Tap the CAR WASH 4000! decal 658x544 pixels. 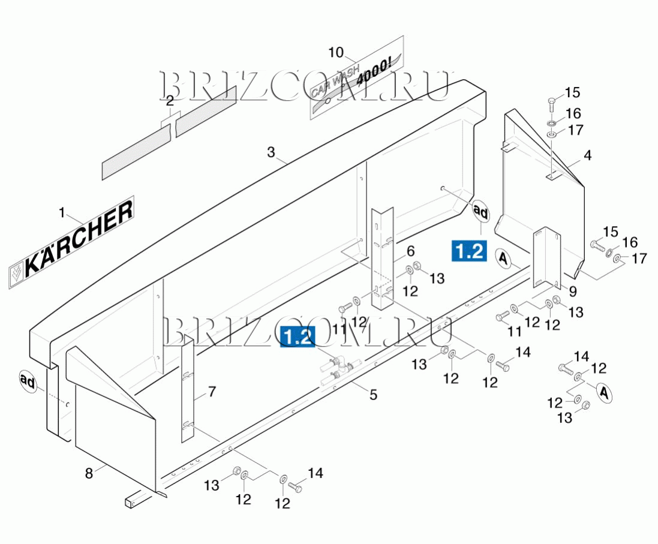pos(357,78)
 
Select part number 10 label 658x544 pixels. pos(336,52)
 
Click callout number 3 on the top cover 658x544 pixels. pos(271,152)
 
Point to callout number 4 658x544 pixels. pos(587,155)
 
